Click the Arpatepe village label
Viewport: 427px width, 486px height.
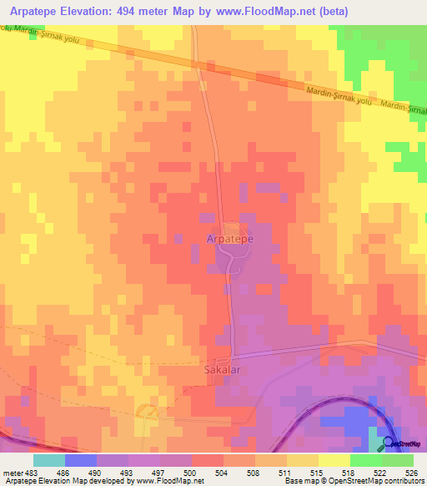(229, 239)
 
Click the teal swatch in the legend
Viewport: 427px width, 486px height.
(48, 461)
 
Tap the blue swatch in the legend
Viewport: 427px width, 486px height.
(80, 461)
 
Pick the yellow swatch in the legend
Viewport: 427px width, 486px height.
(334, 461)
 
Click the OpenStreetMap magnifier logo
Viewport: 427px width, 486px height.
(388, 443)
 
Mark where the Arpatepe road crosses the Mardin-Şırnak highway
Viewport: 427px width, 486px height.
(197, 63)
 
